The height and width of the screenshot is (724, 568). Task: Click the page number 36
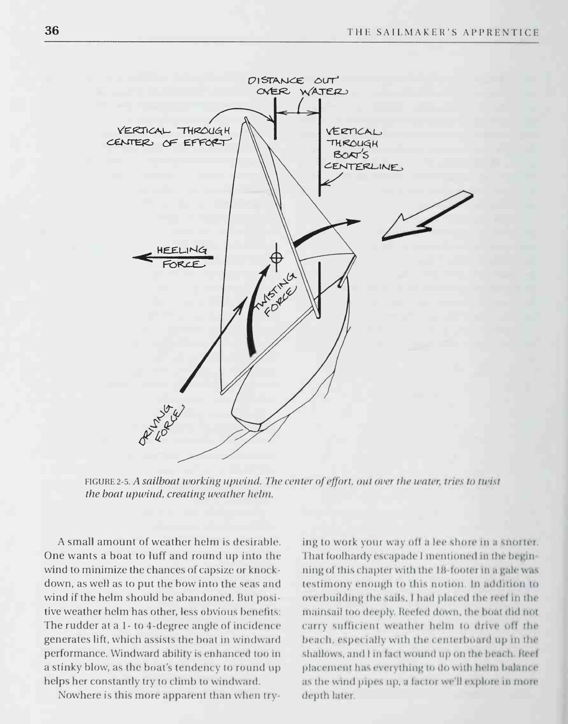click(52, 31)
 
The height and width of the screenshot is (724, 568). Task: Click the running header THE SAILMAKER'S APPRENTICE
click(443, 32)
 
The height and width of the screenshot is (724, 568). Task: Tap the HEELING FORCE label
click(182, 257)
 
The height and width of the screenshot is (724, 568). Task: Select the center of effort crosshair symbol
click(276, 258)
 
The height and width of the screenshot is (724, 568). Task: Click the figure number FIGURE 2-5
click(108, 482)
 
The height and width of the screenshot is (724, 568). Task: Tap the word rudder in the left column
click(75, 626)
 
